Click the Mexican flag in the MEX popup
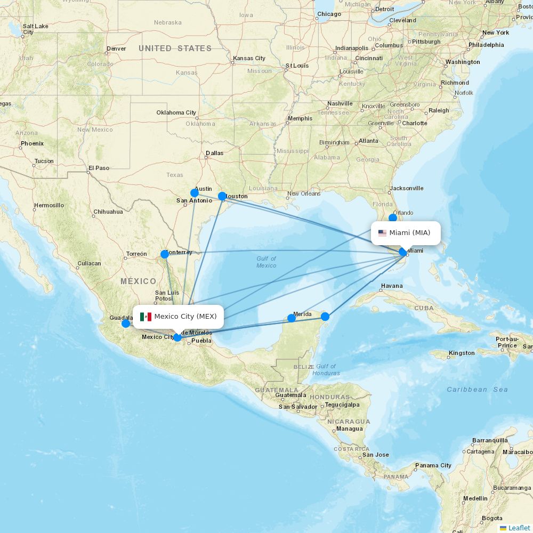(x=146, y=317)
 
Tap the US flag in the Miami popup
(x=382, y=233)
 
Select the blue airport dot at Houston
(x=222, y=196)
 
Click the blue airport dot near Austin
(x=195, y=193)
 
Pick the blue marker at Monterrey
(x=165, y=254)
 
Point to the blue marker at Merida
(x=292, y=318)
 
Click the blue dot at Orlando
(x=393, y=217)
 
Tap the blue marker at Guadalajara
(x=126, y=324)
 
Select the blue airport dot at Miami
(x=403, y=252)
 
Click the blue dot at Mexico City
(x=177, y=337)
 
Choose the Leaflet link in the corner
(x=519, y=528)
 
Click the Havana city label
(x=392, y=286)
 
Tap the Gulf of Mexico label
(x=266, y=262)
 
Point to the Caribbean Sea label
(x=477, y=390)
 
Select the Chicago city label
(x=329, y=14)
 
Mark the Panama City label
(x=433, y=465)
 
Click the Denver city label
(x=116, y=49)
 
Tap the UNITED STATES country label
(x=175, y=49)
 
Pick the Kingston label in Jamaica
(x=462, y=353)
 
